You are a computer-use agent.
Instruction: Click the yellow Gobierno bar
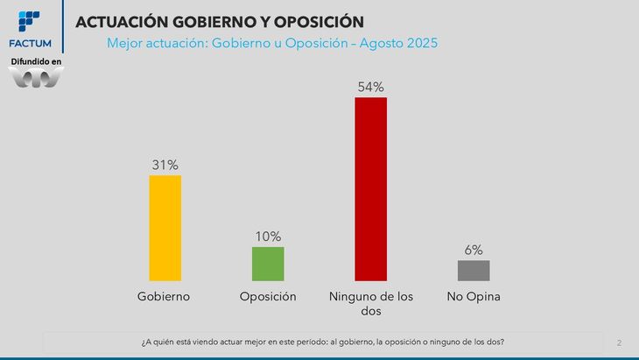[x=165, y=228]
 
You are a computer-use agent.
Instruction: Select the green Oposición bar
[x=268, y=264]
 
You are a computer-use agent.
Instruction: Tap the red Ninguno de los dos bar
[x=370, y=188]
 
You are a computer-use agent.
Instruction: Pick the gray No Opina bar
[x=473, y=270]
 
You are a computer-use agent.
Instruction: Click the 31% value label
[x=165, y=165]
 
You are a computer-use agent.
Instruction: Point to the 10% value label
[x=268, y=236]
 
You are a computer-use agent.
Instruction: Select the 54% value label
[x=370, y=87]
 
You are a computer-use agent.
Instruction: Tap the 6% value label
[x=474, y=250]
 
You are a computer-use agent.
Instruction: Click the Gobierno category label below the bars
[x=165, y=296]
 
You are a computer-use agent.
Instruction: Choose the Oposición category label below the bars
[x=268, y=296]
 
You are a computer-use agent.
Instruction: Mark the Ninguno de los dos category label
[x=370, y=303]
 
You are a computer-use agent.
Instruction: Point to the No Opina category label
[x=473, y=296]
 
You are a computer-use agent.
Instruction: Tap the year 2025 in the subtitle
[x=418, y=42]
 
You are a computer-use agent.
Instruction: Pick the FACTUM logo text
[x=30, y=43]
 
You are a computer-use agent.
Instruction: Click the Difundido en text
[x=36, y=62]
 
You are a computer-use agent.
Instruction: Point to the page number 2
[x=619, y=342]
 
